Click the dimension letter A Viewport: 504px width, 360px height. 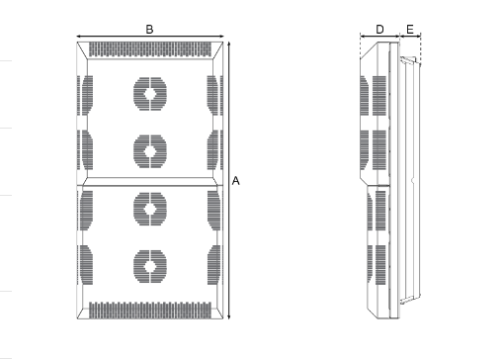click(236, 181)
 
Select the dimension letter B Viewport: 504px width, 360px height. click(149, 30)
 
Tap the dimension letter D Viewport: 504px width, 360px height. click(379, 30)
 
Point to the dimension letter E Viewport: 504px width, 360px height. click(409, 30)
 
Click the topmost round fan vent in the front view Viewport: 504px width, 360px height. click(149, 94)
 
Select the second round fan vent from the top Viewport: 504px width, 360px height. click(149, 151)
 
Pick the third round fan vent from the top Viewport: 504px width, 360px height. click(149, 209)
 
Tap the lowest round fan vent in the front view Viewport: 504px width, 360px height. click(149, 265)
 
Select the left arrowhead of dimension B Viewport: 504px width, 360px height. click(80, 37)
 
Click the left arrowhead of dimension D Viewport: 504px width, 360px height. click(362, 37)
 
